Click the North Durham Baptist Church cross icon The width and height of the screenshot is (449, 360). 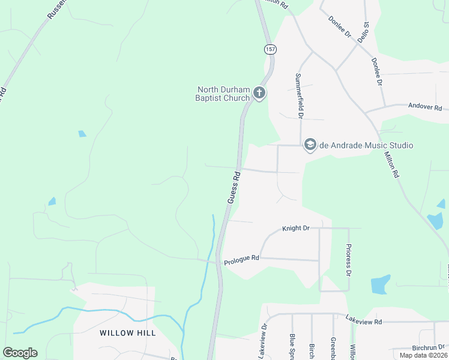(x=259, y=93)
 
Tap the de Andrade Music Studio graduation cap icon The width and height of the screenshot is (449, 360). (x=310, y=145)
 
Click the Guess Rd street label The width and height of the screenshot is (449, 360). (x=234, y=187)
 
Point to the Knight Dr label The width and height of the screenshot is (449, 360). (x=295, y=229)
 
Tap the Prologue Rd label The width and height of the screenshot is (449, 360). (x=241, y=260)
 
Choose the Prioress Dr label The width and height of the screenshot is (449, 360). (x=348, y=259)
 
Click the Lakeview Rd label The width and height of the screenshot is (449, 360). (x=364, y=322)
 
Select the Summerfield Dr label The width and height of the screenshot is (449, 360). (x=299, y=95)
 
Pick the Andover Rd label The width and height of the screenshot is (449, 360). (x=424, y=107)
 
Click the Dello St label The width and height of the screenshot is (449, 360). (x=363, y=31)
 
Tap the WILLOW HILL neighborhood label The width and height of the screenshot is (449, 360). (x=128, y=333)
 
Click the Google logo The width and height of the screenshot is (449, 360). (x=20, y=353)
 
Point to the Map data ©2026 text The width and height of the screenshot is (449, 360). (x=423, y=355)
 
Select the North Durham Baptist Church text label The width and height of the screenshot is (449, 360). (x=223, y=94)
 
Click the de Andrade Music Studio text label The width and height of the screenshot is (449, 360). (x=366, y=145)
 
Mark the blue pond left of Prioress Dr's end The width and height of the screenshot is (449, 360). (x=380, y=284)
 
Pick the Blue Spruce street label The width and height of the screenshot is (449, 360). (x=292, y=347)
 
